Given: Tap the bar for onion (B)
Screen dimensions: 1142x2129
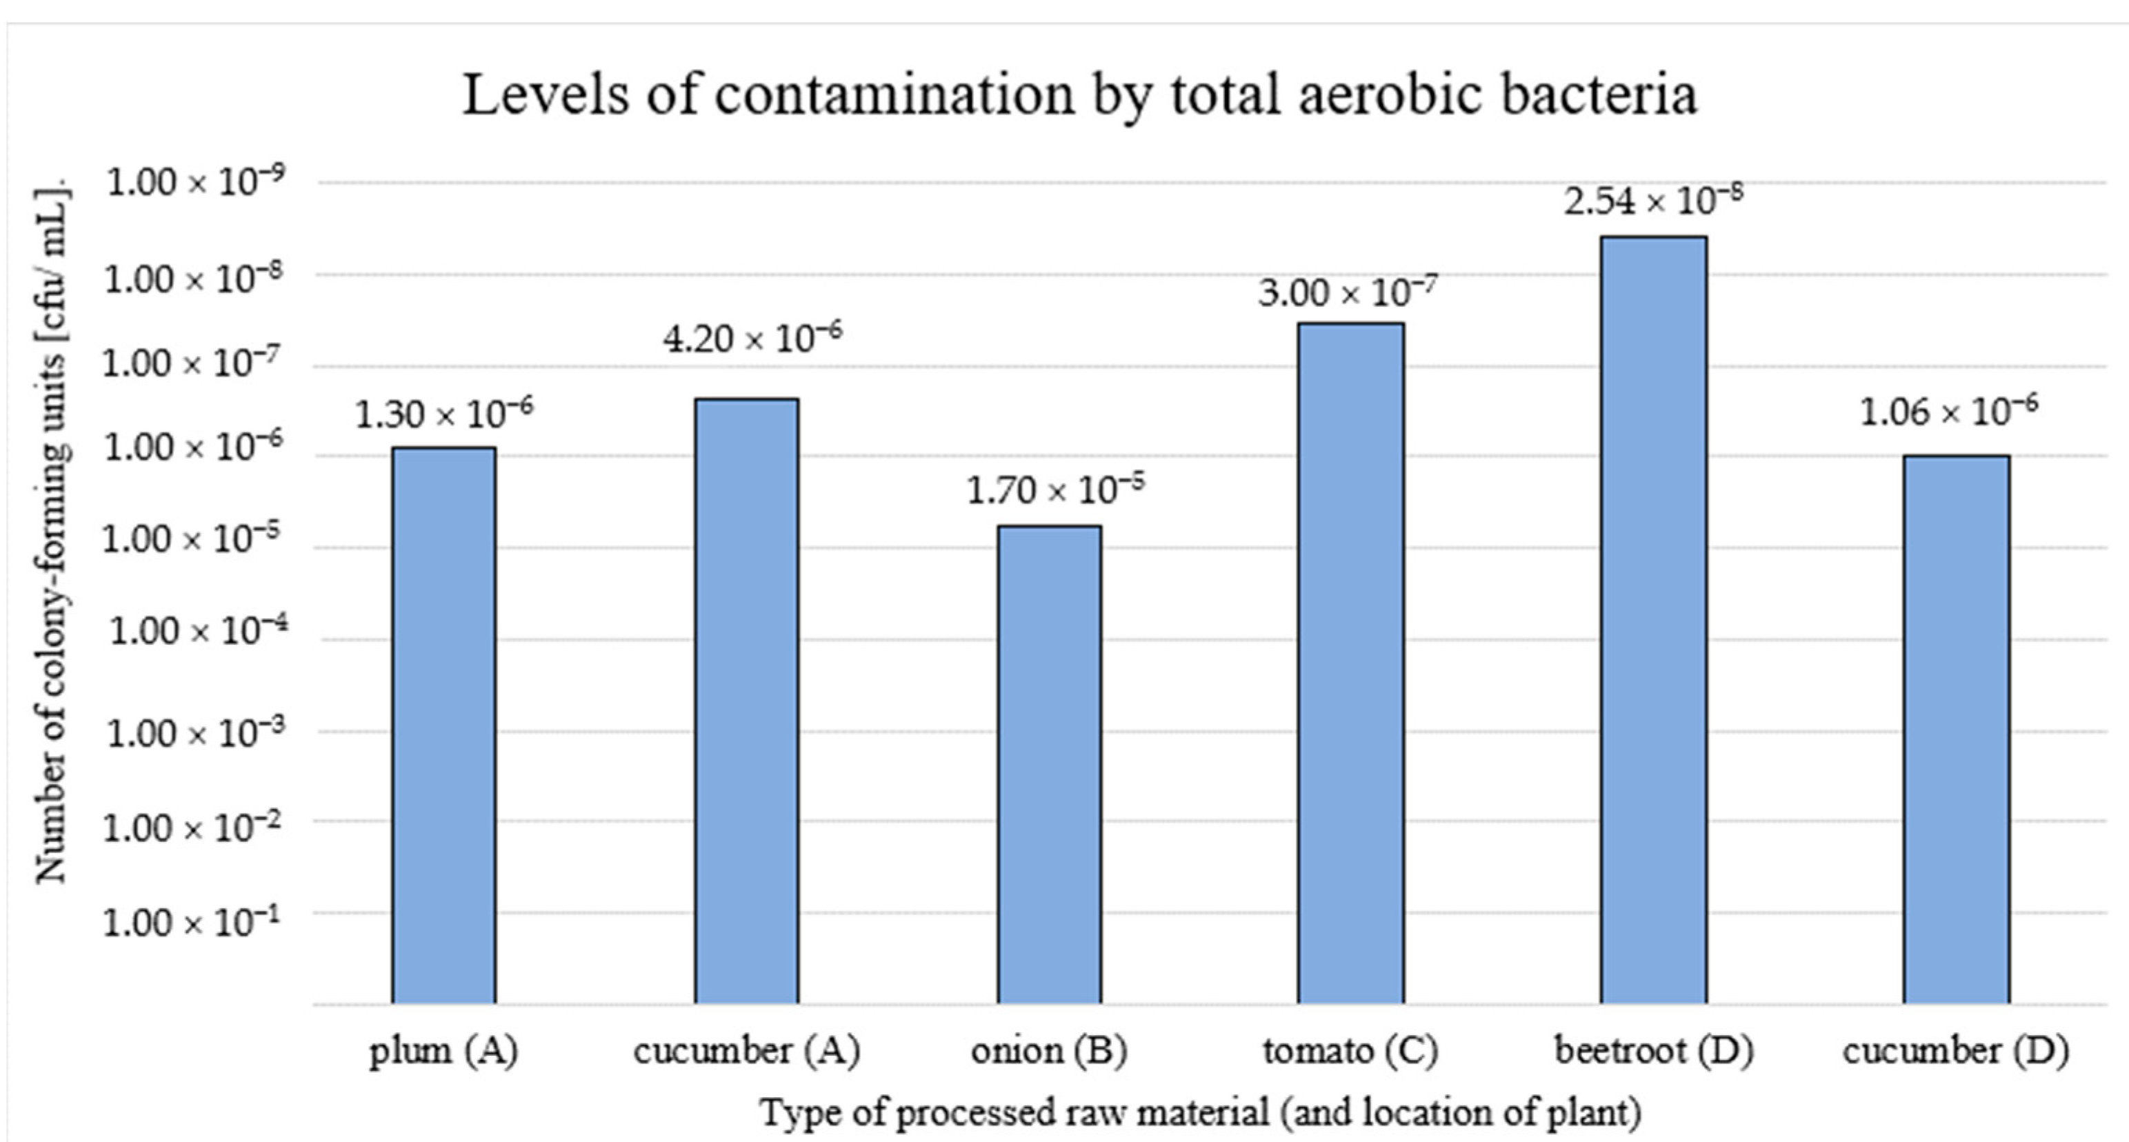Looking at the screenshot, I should point(1049,764).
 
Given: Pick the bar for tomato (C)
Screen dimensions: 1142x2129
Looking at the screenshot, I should point(1350,663).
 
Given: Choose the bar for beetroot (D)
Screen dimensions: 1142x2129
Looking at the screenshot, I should point(1653,620).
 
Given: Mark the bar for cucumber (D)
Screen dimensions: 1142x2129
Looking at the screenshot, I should point(1957,729).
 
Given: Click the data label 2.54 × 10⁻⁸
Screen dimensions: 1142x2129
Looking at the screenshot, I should point(1653,200).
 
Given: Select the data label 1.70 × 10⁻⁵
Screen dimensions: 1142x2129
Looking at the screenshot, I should point(1055,489).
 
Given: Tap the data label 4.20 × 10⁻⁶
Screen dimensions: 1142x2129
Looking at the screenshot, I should point(752,337).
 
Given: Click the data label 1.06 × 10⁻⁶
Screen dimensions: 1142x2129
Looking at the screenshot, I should point(1949,411).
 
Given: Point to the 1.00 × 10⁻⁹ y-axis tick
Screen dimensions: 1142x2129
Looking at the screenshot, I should point(196,182).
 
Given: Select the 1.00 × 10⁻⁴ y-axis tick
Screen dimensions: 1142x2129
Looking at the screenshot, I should point(199,631).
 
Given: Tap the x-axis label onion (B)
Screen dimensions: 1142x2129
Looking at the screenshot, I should point(1048,1051).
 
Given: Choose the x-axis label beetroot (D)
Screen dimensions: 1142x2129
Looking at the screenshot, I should point(1654,1051).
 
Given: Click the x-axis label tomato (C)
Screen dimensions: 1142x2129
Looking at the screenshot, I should point(1350,1051).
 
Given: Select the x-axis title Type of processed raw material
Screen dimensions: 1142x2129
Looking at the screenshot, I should point(1200,1112).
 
